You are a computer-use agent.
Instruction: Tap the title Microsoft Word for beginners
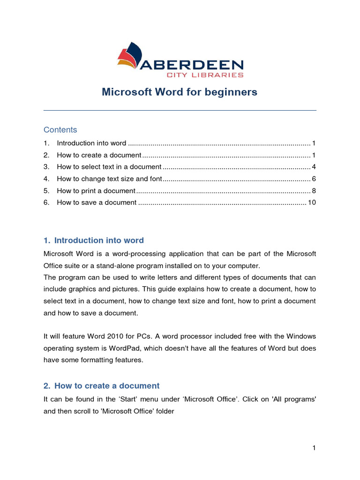tap(180, 92)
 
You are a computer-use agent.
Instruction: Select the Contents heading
tap(60, 130)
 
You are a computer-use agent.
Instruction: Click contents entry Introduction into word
tap(91, 143)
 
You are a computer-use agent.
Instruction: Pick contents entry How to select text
tap(109, 167)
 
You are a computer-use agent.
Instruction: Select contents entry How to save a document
tap(97, 202)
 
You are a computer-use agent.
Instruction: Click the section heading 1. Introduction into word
tap(94, 240)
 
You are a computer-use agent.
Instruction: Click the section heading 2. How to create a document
tap(102, 386)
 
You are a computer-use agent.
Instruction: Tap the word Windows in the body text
tap(300, 337)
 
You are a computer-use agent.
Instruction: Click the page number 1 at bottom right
tap(314, 448)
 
